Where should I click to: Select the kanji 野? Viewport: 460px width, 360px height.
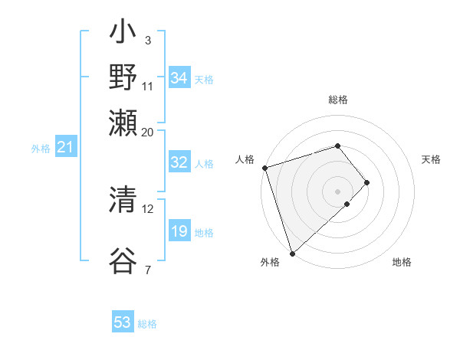123,77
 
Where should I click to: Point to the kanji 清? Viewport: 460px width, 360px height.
123,201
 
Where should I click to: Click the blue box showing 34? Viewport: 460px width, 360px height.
179,78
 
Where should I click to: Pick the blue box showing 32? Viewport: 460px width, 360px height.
179,162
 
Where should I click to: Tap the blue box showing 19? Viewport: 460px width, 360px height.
179,231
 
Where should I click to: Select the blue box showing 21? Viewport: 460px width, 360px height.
64,147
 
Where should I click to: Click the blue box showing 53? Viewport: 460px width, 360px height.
122,322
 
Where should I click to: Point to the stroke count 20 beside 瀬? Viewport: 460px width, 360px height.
147,131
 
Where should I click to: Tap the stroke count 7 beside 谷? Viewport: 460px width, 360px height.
147,269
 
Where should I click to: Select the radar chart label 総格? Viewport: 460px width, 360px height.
338,100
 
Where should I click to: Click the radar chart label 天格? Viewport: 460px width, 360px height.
431,159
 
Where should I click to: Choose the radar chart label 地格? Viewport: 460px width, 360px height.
402,263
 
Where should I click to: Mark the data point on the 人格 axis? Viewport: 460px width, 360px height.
264,168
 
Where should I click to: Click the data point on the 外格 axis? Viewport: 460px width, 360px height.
293,253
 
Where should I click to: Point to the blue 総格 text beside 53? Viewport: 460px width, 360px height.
147,324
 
